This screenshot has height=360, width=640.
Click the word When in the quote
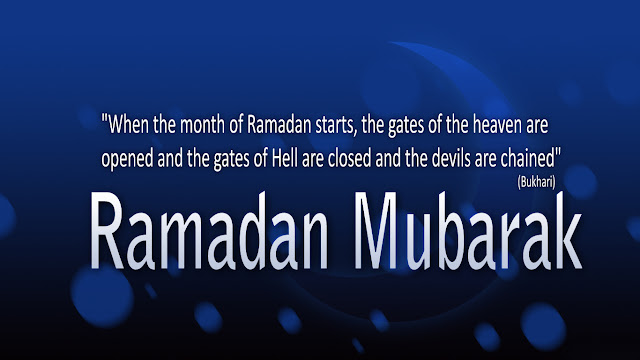(x=129, y=124)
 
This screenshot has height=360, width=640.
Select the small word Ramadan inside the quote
(x=279, y=124)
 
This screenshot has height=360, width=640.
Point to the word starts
(x=334, y=125)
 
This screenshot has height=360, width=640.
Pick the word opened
(x=127, y=159)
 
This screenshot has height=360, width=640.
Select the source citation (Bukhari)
(x=536, y=182)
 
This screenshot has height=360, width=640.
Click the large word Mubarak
(x=468, y=231)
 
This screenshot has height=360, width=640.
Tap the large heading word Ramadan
(x=209, y=231)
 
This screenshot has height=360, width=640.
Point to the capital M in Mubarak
(x=376, y=231)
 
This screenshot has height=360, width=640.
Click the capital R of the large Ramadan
(x=106, y=231)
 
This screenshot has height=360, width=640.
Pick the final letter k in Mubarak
(x=563, y=231)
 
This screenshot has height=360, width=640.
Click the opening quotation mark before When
(x=104, y=119)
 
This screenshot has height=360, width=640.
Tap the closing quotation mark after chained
(x=558, y=153)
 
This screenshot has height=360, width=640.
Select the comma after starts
(x=356, y=133)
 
